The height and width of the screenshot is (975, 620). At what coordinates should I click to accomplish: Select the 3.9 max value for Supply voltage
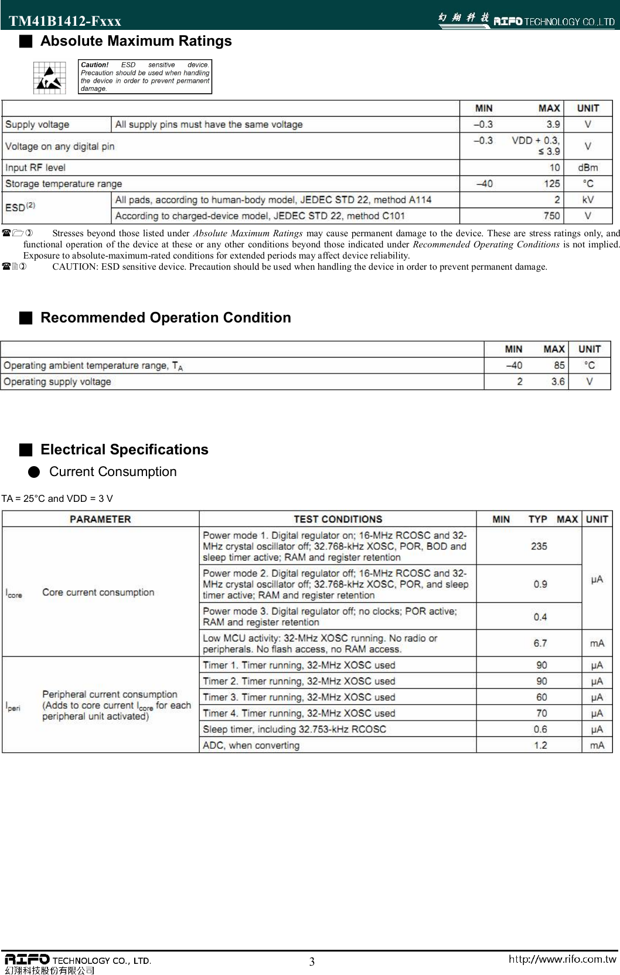[553, 124]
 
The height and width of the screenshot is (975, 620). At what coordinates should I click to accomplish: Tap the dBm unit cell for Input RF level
[588, 168]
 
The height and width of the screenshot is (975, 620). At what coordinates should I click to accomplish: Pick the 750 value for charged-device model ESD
[551, 216]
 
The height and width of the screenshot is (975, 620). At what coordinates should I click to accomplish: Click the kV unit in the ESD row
[588, 200]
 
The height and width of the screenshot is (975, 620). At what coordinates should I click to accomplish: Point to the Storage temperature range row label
[63, 184]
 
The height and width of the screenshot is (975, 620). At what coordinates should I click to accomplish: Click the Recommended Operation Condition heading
[165, 318]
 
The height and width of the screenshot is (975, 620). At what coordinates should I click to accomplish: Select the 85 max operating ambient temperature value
[559, 365]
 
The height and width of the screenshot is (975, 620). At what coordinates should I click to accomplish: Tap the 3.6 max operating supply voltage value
[558, 382]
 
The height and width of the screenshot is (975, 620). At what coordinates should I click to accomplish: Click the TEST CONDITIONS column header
[338, 519]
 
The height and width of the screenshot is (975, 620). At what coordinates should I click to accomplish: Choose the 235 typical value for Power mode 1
[539, 546]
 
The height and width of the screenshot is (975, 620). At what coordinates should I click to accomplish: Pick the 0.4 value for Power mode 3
[540, 617]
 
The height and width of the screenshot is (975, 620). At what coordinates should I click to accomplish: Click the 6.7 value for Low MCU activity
[540, 643]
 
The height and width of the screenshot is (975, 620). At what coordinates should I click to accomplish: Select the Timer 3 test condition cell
[299, 697]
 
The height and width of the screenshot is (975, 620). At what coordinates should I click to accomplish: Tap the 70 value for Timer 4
[541, 714]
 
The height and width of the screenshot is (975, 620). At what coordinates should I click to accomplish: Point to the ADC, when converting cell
[251, 745]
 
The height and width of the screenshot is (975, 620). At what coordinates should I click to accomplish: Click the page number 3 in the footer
[312, 962]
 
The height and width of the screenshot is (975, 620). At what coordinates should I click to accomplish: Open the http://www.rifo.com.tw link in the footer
[562, 959]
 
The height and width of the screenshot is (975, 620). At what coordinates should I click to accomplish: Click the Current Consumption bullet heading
[113, 472]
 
